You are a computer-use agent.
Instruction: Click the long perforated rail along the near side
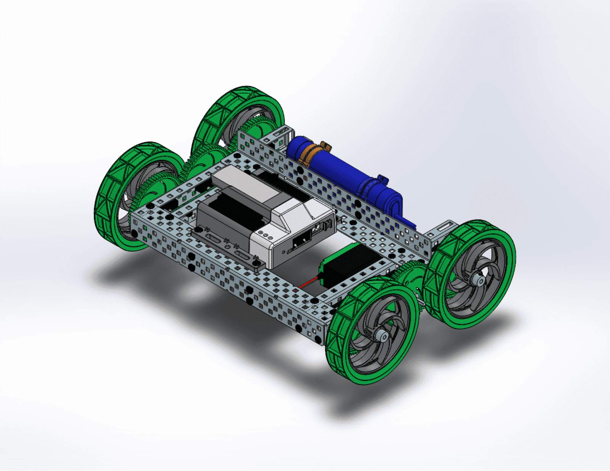(x=229, y=278)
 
